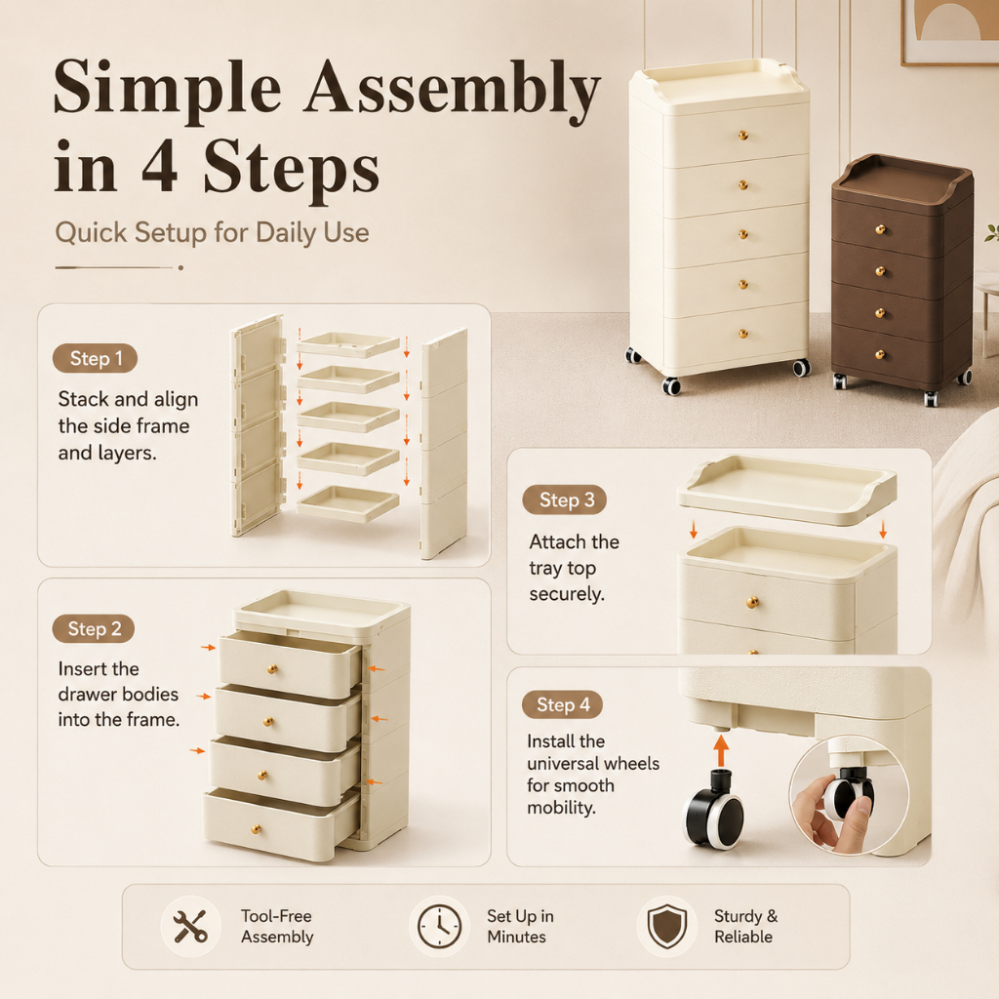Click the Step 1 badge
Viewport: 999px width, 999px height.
coord(95,359)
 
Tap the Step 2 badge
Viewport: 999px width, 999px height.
coord(94,629)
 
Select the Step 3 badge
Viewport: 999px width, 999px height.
coord(565,500)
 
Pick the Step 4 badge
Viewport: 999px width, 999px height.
coord(562,704)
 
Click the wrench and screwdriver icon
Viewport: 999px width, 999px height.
coord(190,926)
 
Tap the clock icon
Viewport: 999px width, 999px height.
coord(440,927)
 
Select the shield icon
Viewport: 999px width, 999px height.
coord(667,927)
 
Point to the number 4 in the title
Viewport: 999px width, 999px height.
coord(159,166)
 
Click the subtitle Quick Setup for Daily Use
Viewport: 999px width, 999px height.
coord(212,232)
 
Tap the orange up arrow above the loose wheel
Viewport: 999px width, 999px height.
coord(721,750)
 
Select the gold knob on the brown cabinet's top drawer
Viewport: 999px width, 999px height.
coord(880,229)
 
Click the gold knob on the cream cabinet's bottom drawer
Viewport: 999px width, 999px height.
coord(742,334)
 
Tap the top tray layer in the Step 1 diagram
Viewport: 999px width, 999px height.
coord(348,344)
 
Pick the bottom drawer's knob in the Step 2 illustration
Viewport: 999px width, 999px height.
coord(257,829)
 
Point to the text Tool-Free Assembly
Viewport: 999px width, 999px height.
coord(277,927)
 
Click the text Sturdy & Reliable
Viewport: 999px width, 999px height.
coord(745,927)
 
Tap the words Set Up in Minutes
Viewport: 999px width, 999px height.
coord(520,927)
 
